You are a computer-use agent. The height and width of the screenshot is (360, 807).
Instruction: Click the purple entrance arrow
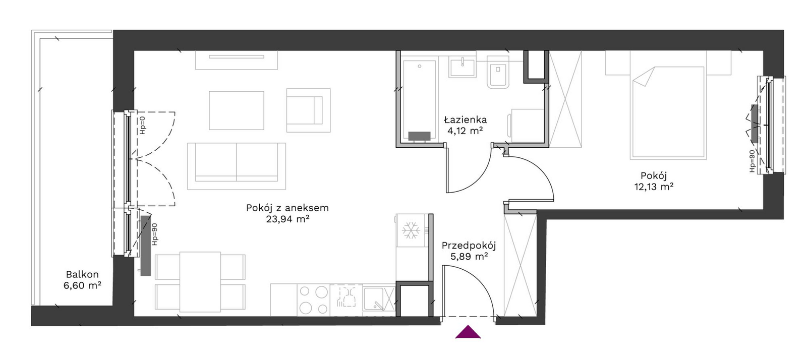[468, 332]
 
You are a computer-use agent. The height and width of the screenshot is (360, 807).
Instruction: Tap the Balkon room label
[82, 274]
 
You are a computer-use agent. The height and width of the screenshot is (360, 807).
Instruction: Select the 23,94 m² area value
[287, 219]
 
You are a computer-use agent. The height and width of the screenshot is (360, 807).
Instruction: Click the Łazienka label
[465, 119]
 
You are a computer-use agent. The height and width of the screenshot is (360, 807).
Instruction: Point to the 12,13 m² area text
[654, 187]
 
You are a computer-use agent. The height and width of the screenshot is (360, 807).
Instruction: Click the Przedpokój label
[469, 246]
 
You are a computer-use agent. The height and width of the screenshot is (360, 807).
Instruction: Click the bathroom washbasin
[462, 68]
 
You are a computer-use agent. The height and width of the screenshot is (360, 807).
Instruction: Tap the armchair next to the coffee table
[308, 110]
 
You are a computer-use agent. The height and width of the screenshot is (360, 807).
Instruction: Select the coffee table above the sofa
[237, 110]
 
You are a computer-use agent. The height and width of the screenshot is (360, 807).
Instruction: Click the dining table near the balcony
[200, 282]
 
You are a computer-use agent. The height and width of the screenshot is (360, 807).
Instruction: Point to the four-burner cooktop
[313, 300]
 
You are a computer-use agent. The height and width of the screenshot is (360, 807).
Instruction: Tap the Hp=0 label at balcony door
[143, 125]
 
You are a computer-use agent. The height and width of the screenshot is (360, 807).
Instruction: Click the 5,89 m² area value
[469, 257]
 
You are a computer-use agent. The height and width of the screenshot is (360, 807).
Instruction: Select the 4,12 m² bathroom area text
[465, 131]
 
